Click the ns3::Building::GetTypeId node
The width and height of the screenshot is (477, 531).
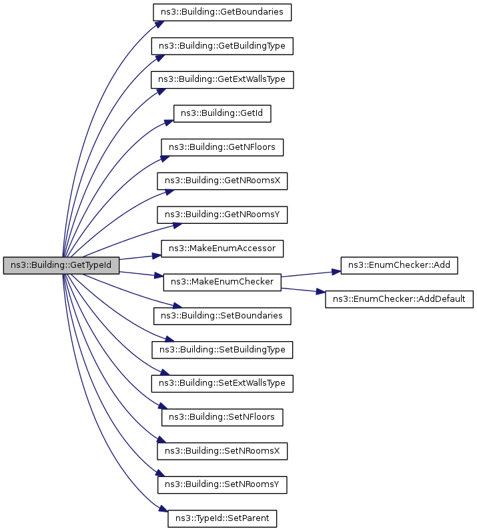[x=61, y=265]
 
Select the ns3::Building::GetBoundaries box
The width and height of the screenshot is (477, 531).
[x=222, y=11]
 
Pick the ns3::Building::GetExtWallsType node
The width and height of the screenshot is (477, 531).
[x=222, y=79]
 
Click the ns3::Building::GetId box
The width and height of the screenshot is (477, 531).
[x=222, y=113]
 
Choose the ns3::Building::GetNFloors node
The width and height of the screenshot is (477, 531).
[x=222, y=147]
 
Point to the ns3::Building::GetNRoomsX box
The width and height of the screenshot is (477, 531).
[x=222, y=181]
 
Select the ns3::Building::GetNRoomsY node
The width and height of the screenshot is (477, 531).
[x=222, y=215]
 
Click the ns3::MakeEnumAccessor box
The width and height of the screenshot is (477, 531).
[x=222, y=249]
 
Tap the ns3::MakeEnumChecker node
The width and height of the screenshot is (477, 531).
[x=222, y=282]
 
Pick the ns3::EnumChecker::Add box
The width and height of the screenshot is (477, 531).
[x=400, y=265]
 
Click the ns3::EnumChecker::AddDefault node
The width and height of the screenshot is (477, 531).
[x=400, y=299]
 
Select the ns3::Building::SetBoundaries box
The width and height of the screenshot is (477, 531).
[x=222, y=316]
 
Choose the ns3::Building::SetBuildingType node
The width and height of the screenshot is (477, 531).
[x=222, y=350]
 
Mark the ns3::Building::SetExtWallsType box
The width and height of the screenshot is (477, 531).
[x=222, y=384]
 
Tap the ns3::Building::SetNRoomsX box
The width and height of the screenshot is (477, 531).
[x=222, y=451]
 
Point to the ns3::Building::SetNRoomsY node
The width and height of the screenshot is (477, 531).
[x=222, y=485]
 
